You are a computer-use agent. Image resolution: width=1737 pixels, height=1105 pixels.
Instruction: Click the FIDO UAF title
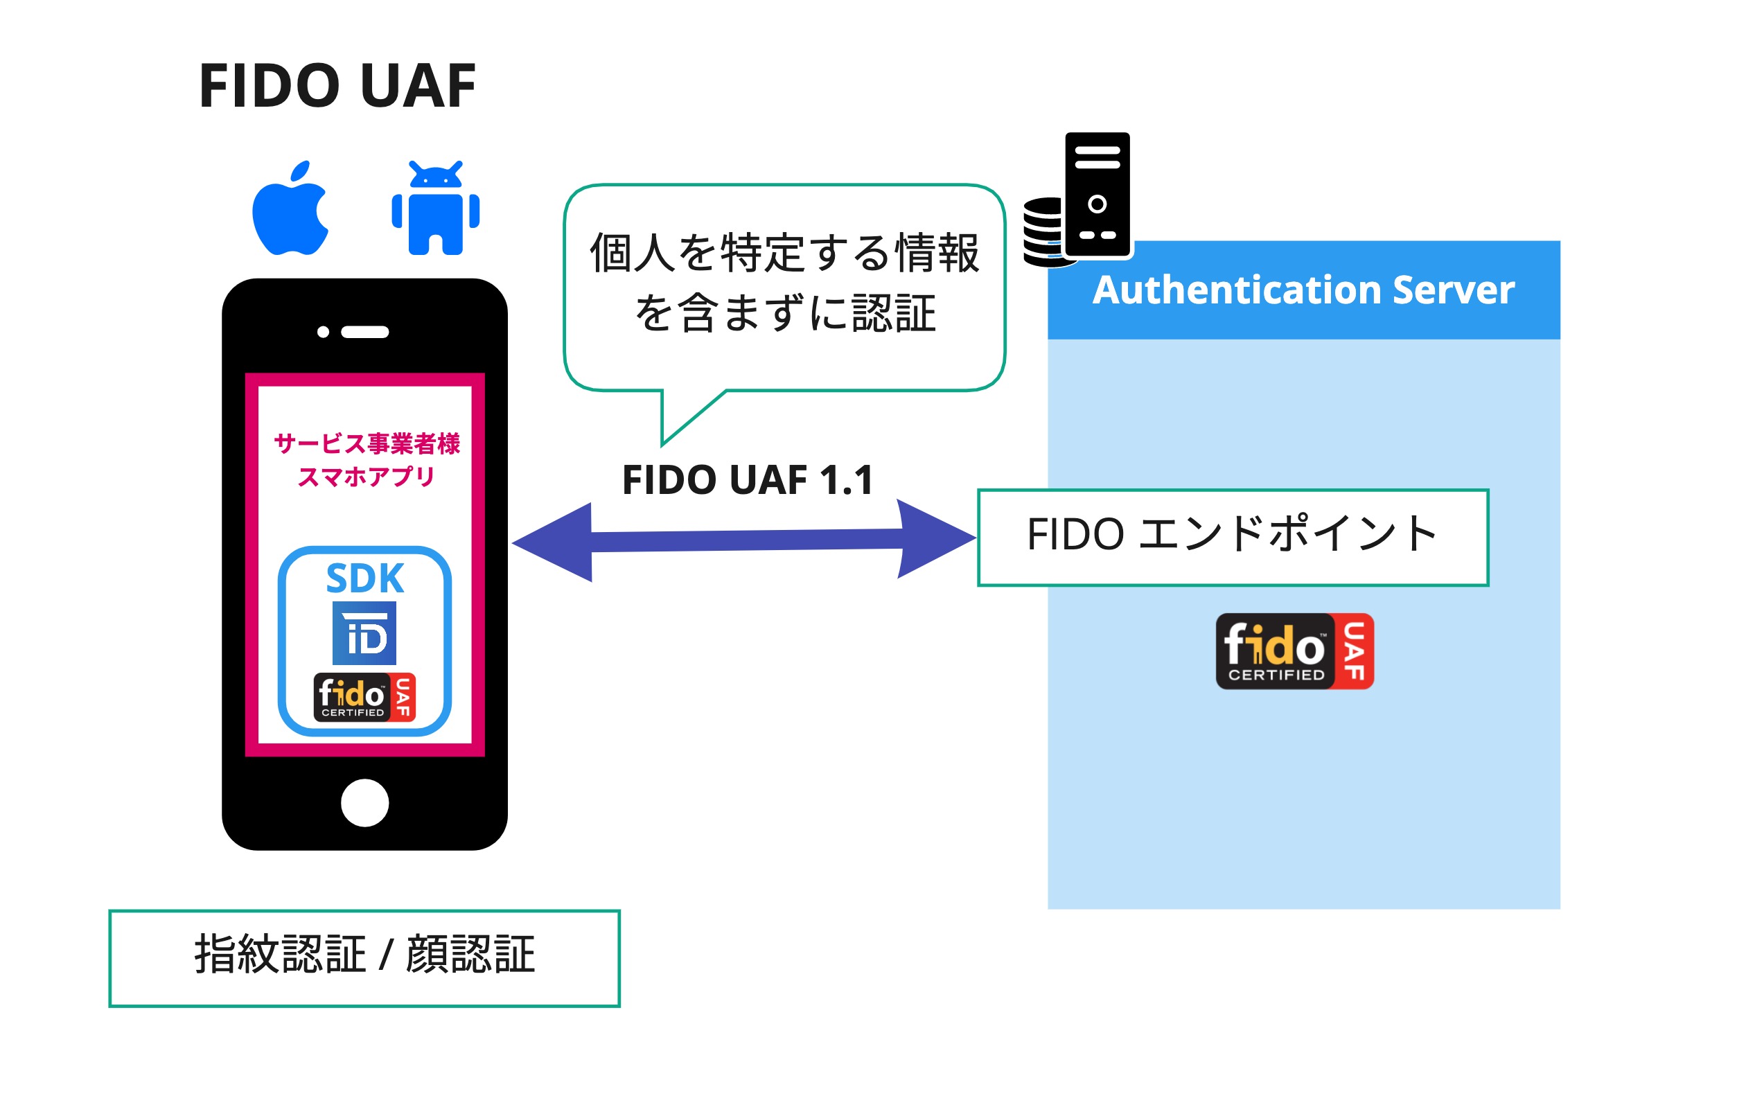pos(337,86)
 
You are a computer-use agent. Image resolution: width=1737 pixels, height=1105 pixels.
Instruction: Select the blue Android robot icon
pos(436,210)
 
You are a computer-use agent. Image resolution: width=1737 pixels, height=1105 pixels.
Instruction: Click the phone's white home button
pos(364,803)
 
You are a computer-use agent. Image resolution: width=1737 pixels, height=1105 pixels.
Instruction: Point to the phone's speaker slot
pos(365,333)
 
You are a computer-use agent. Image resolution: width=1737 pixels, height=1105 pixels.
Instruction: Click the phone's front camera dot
pos(323,332)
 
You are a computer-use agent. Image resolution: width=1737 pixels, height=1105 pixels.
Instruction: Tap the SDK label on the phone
pos(365,578)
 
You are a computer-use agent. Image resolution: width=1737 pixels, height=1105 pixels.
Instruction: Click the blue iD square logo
pos(364,633)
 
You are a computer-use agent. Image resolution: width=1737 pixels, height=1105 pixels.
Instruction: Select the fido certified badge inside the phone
pos(364,698)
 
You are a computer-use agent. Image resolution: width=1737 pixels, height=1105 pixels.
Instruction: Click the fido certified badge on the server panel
pos(1294,651)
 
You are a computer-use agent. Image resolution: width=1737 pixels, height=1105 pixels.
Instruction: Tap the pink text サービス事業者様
pos(367,443)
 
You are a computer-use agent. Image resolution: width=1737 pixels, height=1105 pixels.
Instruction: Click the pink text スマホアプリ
pos(367,477)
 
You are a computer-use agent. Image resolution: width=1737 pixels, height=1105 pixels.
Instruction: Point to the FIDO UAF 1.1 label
pos(748,480)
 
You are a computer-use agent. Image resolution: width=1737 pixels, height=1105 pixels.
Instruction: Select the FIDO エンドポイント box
pos(1233,538)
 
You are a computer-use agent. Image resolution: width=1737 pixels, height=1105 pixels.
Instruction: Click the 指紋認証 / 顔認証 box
pos(364,958)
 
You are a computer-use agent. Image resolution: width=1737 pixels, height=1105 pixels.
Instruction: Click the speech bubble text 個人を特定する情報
pos(784,253)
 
